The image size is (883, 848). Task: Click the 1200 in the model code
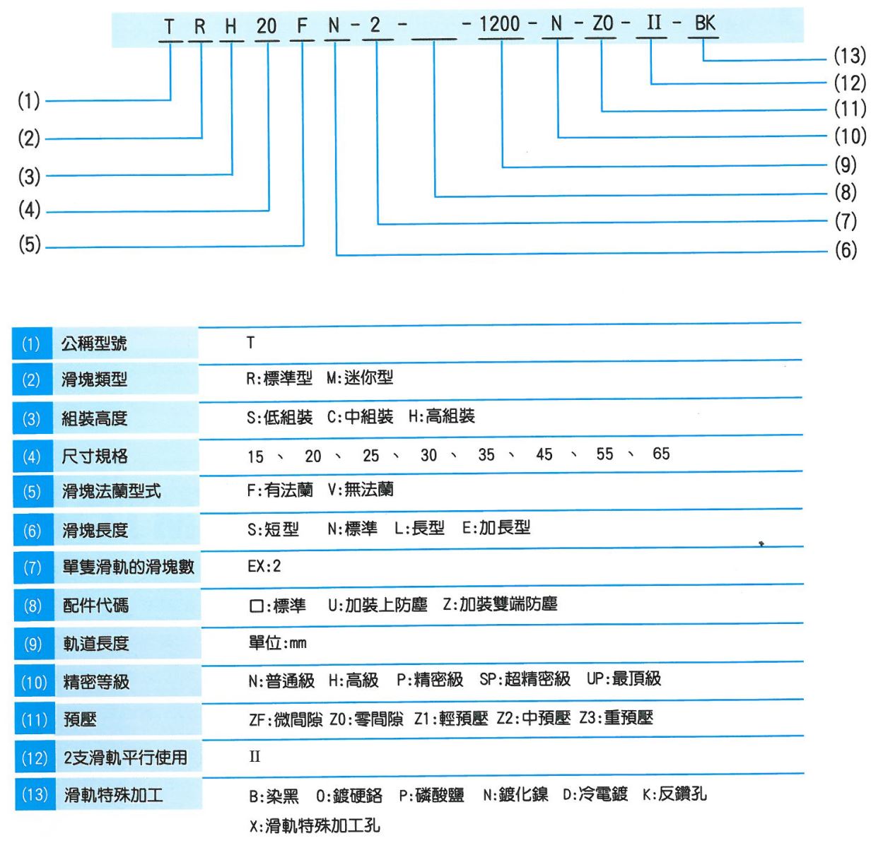coord(499,24)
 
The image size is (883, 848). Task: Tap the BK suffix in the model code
coord(705,23)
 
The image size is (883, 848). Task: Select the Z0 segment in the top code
coord(602,23)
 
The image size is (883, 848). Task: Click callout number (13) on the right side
coord(850,56)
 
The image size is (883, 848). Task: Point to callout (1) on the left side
coord(28,100)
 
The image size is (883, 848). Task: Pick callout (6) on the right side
coord(846,250)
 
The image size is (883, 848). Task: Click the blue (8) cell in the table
coord(33,606)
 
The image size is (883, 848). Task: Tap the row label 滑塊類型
coord(95,379)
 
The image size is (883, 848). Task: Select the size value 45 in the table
coord(544,454)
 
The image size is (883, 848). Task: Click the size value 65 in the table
coord(661,454)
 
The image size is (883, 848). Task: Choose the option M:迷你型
coord(360,378)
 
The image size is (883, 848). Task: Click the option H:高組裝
coord(441,416)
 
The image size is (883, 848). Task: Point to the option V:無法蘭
coord(361,490)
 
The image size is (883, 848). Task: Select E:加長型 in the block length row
coord(496,527)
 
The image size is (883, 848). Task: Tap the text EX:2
coord(264,566)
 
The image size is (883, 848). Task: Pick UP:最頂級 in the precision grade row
coord(624,679)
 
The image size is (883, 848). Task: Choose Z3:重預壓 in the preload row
coord(616,718)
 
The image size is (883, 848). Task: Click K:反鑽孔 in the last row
coord(674,794)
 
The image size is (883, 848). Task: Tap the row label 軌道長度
coord(96,644)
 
